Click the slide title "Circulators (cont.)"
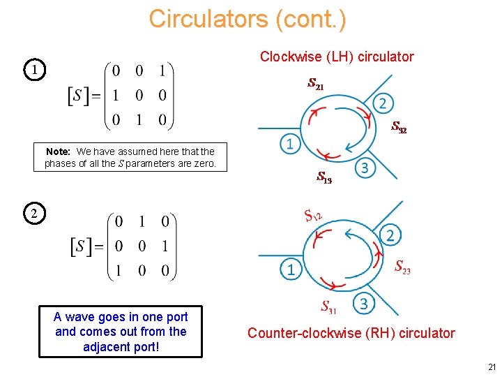pos(247,19)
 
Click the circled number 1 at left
pos(33,70)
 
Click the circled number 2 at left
pos(33,213)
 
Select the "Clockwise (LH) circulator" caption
pos(337,57)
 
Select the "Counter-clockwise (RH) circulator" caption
pos(351,333)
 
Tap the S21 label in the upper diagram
pos(315,84)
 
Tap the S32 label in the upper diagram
pos(399,127)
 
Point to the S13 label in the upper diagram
pos(324,177)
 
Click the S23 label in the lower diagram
pos(402,266)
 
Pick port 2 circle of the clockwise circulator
pos(382,103)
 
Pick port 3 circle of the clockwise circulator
pos(364,168)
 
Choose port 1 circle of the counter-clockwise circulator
pos(291,269)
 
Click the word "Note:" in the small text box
pos(59,151)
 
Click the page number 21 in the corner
pos(492,367)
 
